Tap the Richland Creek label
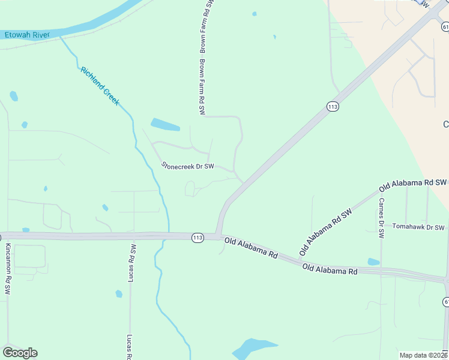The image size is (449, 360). pyautogui.click(x=100, y=86)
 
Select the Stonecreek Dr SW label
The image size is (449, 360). pyautogui.click(x=187, y=166)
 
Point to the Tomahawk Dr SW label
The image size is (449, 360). pyautogui.click(x=418, y=227)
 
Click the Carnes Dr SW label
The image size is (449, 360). pyautogui.click(x=381, y=218)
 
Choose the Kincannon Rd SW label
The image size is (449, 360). pyautogui.click(x=8, y=268)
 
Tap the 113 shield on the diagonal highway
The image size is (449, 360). pyautogui.click(x=333, y=106)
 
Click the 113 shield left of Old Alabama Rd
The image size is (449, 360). pyautogui.click(x=197, y=238)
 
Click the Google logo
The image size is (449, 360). pyautogui.click(x=20, y=353)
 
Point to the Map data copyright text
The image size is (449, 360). pyautogui.click(x=423, y=355)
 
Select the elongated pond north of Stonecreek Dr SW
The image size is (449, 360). pyautogui.click(x=165, y=125)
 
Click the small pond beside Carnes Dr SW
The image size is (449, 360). pyautogui.click(x=373, y=262)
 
